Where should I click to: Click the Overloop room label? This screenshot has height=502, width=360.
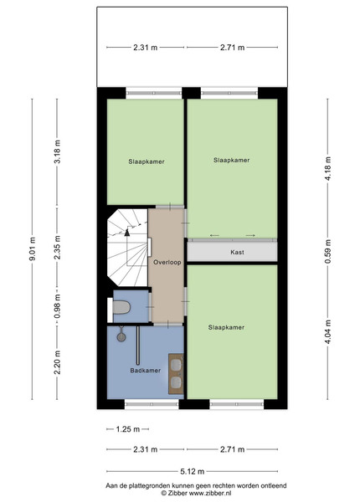click(x=167, y=262)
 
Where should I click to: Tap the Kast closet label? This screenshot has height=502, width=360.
click(x=237, y=253)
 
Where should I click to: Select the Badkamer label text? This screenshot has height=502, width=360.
click(x=145, y=371)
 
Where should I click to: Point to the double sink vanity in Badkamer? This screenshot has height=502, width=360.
click(x=176, y=374)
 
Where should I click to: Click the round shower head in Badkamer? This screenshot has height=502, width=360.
click(x=121, y=337)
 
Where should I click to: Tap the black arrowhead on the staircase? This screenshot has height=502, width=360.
click(x=127, y=233)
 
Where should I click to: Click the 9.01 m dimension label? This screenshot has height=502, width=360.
click(x=33, y=248)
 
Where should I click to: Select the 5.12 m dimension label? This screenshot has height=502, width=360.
click(x=193, y=471)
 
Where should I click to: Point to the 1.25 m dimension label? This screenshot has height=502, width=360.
click(x=128, y=429)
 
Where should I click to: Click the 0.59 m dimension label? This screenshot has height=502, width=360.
click(x=327, y=252)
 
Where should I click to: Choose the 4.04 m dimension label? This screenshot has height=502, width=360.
click(x=327, y=332)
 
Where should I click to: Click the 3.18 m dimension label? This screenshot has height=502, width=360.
click(x=57, y=151)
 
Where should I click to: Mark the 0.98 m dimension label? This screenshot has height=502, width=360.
click(x=57, y=306)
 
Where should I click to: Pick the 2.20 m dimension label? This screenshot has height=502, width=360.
click(x=57, y=362)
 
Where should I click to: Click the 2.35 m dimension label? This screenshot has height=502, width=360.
click(x=57, y=248)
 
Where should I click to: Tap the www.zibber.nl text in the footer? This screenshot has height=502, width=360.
click(x=210, y=494)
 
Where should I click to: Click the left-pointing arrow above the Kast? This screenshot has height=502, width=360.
click(x=214, y=236)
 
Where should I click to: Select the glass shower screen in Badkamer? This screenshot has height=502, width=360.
click(x=138, y=346)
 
